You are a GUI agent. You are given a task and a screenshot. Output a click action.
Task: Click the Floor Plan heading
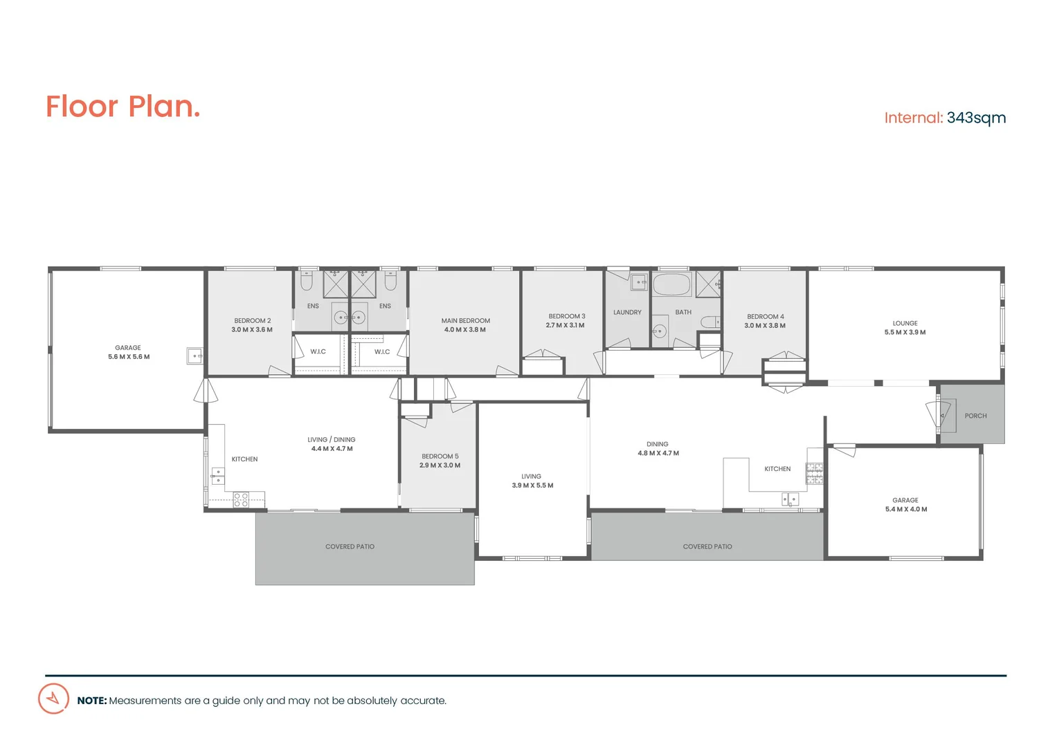tap(123, 107)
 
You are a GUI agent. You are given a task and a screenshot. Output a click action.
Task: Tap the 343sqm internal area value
tap(976, 118)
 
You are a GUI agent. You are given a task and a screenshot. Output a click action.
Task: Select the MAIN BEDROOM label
tap(465, 321)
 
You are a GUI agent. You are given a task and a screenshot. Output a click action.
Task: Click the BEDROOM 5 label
tap(440, 456)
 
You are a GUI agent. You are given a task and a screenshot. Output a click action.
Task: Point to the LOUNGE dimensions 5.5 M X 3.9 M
tap(905, 333)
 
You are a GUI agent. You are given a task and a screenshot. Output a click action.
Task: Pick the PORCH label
tap(975, 416)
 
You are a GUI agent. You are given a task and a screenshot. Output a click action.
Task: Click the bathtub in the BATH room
tap(672, 284)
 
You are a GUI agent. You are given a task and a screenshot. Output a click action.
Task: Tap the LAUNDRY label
tap(627, 313)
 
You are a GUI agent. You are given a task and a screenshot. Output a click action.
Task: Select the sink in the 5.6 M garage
tap(195, 356)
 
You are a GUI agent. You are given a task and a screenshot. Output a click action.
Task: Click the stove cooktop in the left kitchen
tap(241, 499)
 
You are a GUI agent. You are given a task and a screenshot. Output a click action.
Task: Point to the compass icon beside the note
tap(53, 699)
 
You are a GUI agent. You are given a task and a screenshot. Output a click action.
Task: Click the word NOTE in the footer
tap(91, 701)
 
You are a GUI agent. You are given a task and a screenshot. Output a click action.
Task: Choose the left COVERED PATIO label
tap(350, 546)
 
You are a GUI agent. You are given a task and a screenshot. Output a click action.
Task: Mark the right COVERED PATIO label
tap(707, 546)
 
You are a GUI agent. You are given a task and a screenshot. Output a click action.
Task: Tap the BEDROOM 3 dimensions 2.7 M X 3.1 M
tap(565, 325)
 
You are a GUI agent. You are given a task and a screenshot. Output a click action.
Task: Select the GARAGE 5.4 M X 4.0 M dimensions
tap(905, 509)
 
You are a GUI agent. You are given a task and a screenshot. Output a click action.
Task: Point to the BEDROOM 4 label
tap(765, 317)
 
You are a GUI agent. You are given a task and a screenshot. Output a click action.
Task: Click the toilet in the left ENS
tap(307, 282)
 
